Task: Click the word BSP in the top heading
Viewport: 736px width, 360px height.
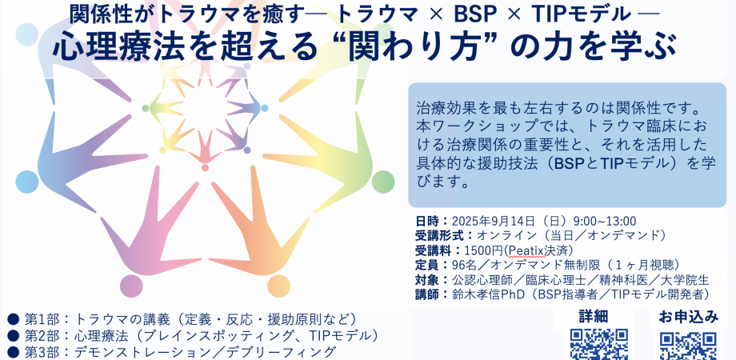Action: point(474,14)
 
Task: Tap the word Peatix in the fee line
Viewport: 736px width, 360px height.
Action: point(520,250)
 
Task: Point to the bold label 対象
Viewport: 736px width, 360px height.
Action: point(426,280)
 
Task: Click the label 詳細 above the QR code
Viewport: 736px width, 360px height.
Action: point(594,317)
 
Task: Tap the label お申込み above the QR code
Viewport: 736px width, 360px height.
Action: point(688,317)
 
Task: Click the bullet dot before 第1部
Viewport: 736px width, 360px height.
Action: point(13,320)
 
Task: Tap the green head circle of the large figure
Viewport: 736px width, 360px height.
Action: point(383,182)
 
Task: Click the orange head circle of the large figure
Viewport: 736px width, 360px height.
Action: point(279,286)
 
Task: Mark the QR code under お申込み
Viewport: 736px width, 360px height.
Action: point(688,346)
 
